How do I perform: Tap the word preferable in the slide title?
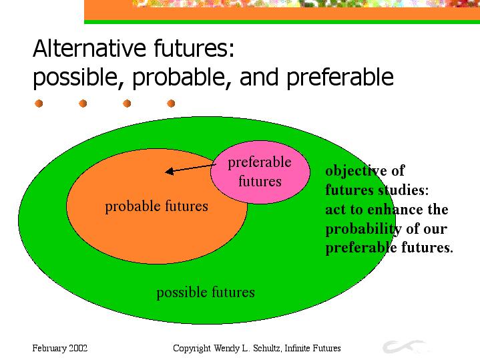(x=340, y=77)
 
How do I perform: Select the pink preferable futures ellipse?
(x=260, y=172)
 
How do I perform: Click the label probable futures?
(x=156, y=206)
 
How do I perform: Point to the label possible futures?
(x=206, y=293)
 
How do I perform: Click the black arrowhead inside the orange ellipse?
(x=170, y=171)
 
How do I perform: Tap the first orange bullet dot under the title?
(x=39, y=104)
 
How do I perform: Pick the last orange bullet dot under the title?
(x=171, y=104)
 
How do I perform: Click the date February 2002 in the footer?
(x=59, y=349)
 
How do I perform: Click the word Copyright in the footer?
(x=192, y=349)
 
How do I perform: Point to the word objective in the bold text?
(x=356, y=171)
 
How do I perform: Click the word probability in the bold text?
(x=364, y=229)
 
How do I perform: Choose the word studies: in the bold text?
(x=403, y=190)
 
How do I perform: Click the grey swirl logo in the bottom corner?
(x=404, y=347)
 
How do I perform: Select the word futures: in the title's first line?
(x=194, y=48)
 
